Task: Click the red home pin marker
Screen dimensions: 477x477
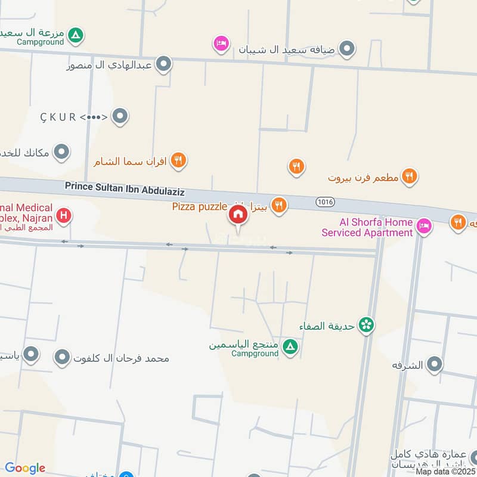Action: [x=238, y=215]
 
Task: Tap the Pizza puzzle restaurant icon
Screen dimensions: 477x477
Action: [x=278, y=206]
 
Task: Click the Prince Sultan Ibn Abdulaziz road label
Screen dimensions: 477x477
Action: [x=125, y=188]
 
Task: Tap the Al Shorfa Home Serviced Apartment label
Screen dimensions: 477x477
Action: [x=367, y=227]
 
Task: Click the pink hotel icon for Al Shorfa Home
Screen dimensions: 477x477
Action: [x=424, y=226]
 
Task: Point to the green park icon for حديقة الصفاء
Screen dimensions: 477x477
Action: [x=367, y=325]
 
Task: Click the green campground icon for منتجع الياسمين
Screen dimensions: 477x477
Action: [x=290, y=346]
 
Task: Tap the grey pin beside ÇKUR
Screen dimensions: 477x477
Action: [x=120, y=116]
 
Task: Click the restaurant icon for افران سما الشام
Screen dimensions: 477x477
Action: [x=178, y=160]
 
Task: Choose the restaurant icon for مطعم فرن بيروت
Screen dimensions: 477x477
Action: [x=408, y=176]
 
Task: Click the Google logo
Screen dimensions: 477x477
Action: [x=25, y=468]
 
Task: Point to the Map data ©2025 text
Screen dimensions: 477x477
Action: [x=445, y=471]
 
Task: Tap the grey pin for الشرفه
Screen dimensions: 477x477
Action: [x=435, y=364]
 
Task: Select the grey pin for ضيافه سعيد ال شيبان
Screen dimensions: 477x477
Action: [x=346, y=48]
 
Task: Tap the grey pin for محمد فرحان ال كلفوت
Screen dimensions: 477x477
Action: [x=63, y=358]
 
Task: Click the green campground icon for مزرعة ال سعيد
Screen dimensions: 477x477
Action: [x=75, y=36]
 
